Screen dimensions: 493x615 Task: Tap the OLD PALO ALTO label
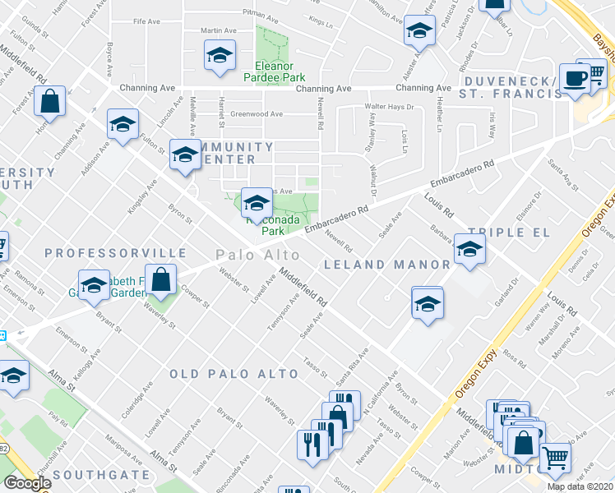click(x=234, y=374)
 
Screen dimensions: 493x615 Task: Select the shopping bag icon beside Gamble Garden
click(x=161, y=280)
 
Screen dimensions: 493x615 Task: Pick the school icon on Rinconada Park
click(x=256, y=202)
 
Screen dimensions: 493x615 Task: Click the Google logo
click(x=26, y=483)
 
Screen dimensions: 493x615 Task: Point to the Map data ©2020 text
click(x=580, y=486)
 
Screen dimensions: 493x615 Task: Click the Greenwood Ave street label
click(x=257, y=114)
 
